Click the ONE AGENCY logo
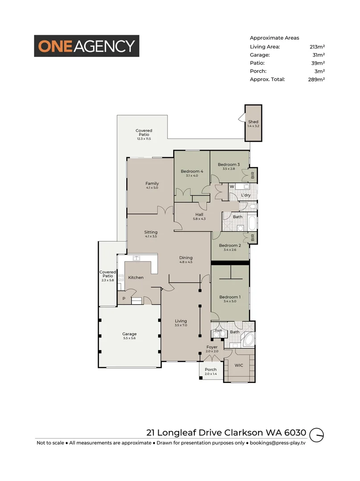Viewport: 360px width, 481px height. (87, 46)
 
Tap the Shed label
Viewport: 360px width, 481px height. (253, 122)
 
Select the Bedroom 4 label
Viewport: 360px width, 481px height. (192, 171)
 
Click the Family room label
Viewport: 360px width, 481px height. (152, 183)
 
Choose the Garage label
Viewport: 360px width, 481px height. (130, 334)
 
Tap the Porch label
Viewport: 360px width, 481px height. (211, 370)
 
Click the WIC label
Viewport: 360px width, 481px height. (239, 365)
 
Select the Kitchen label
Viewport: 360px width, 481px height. (136, 277)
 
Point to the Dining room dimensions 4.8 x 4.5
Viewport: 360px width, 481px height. (186, 262)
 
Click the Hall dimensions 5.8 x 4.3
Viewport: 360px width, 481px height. (199, 219)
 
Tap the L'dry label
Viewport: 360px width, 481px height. (245, 196)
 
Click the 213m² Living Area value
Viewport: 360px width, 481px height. (317, 46)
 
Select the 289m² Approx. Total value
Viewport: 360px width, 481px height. (317, 79)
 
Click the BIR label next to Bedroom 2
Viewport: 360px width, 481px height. (253, 238)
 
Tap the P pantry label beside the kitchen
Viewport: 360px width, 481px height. (123, 299)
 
